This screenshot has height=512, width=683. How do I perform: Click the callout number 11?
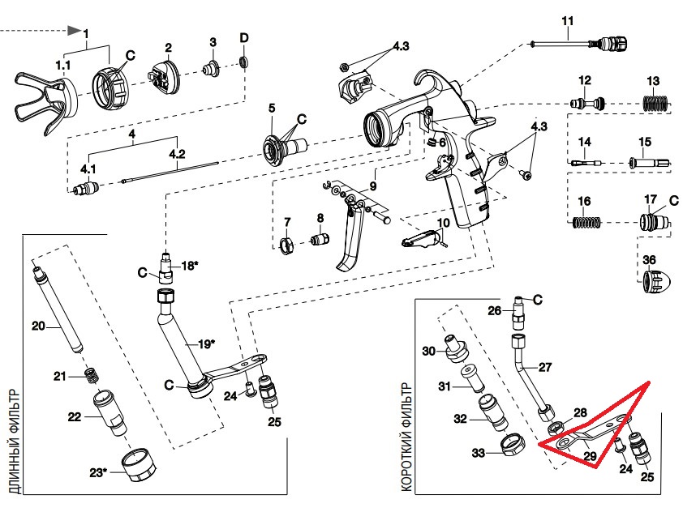click(x=567, y=19)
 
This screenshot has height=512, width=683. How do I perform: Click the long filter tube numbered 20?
click(x=58, y=305)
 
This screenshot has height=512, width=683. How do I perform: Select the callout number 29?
click(x=590, y=457)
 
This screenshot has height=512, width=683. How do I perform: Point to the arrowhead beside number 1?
click(x=75, y=32)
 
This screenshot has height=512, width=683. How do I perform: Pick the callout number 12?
click(x=585, y=79)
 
